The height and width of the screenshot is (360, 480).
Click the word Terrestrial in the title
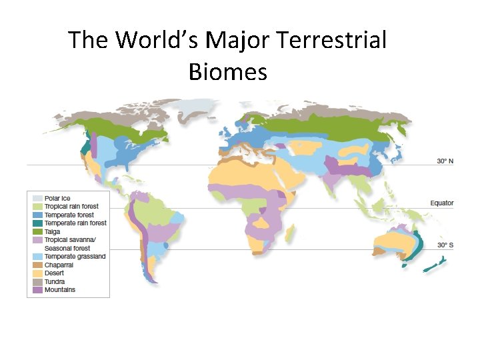pyautogui.click(x=331, y=41)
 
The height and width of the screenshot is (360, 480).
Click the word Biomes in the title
pyautogui.click(x=228, y=71)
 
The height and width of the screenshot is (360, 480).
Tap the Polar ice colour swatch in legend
pyautogui.click(x=36, y=199)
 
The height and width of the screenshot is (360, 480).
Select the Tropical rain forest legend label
pyautogui.click(x=71, y=207)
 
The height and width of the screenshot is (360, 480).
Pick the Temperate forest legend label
pyautogui.click(x=69, y=215)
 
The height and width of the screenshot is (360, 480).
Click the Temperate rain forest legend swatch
pyautogui.click(x=36, y=223)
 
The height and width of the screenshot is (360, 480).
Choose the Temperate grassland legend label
pyautogui.click(x=75, y=257)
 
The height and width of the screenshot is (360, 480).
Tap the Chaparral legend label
pyautogui.click(x=59, y=265)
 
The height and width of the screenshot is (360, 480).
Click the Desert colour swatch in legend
pyautogui.click(x=36, y=273)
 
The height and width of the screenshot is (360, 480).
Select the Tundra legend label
pyautogui.click(x=55, y=281)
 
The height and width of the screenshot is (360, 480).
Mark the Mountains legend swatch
pyautogui.click(x=36, y=290)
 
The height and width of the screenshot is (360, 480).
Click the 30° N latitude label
pyautogui.click(x=445, y=161)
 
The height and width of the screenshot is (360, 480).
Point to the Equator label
pyautogui.click(x=442, y=203)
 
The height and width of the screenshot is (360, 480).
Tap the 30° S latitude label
pyautogui.click(x=445, y=245)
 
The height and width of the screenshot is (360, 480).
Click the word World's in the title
pyautogui.click(x=158, y=41)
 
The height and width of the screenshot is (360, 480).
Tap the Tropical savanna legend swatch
pyautogui.click(x=36, y=240)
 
